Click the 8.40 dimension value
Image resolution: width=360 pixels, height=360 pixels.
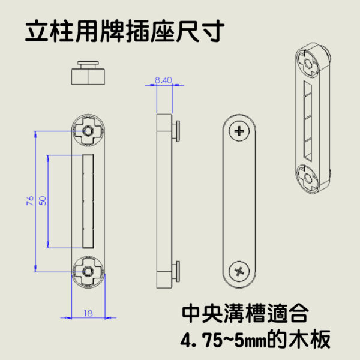pyautogui.click(x=163, y=79)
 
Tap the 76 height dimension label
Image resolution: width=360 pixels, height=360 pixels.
pyautogui.click(x=30, y=201)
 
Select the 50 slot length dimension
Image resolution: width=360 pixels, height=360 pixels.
pyautogui.click(x=43, y=201)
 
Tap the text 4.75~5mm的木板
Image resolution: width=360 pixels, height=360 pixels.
pyautogui.click(x=256, y=340)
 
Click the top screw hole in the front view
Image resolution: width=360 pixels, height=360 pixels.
pyautogui.click(x=89, y=130)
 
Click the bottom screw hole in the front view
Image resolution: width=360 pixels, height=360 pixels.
pyautogui.click(x=89, y=272)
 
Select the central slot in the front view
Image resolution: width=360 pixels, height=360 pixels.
pyautogui.click(x=88, y=201)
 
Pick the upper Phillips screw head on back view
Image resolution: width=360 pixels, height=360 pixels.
pyautogui.click(x=241, y=130)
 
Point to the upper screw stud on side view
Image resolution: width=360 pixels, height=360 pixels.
pyautogui.click(x=177, y=129)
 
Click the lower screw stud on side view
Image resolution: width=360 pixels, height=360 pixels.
pyautogui.click(x=177, y=271)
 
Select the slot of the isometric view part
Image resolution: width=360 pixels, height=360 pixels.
pyautogui.click(x=309, y=120)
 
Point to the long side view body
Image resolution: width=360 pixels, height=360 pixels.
pyautogui.click(x=164, y=201)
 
